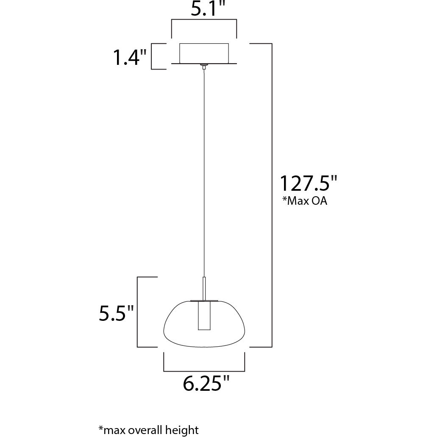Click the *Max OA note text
coord(305,201)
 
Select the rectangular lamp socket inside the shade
coord(204,316)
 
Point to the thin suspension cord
coord(204,170)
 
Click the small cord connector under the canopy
coord(204,67)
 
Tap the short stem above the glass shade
coord(204,288)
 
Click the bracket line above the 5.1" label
coord(204,20)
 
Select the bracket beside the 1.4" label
coord(152,56)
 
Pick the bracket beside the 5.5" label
coord(138,312)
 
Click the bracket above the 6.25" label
coord(204,370)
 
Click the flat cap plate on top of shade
coord(204,301)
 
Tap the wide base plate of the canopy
coord(204,64)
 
